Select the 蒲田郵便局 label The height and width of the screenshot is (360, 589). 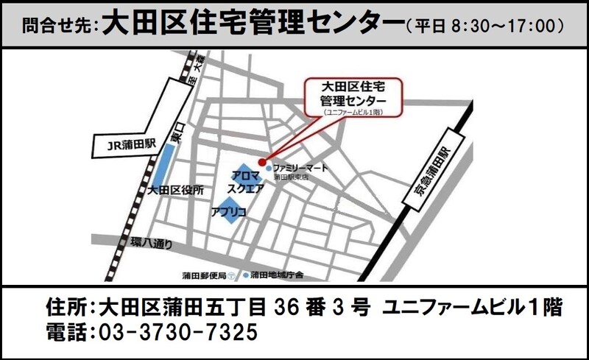pyautogui.click(x=204, y=275)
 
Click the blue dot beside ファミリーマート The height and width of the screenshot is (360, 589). pyautogui.click(x=269, y=169)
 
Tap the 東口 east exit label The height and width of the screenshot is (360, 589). pyautogui.click(x=174, y=137)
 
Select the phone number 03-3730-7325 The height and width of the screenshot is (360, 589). pyautogui.click(x=177, y=332)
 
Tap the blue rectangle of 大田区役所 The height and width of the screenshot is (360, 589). pyautogui.click(x=160, y=165)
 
